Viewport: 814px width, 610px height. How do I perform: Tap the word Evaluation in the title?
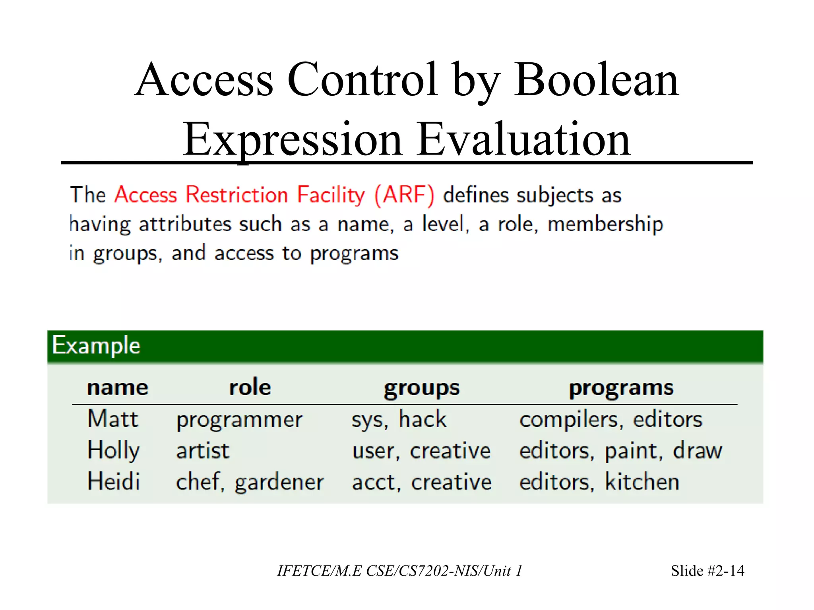point(524,140)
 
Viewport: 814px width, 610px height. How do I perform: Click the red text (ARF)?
point(404,195)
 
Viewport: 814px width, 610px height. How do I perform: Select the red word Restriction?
point(237,195)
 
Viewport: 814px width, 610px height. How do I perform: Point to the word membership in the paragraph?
point(605,224)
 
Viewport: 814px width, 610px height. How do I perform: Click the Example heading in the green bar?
point(96,345)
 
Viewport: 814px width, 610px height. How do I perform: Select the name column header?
point(117,387)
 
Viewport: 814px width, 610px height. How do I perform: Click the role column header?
point(250,387)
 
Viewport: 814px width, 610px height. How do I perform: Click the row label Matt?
point(112,419)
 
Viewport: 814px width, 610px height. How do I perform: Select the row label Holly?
point(113,451)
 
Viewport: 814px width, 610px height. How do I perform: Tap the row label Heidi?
point(113,482)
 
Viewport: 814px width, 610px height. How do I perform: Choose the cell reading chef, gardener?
point(250,482)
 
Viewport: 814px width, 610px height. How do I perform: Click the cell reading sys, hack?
point(399,419)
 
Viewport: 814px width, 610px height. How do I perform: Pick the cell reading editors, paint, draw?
point(621,451)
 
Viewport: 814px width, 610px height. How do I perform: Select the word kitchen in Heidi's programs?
point(642,482)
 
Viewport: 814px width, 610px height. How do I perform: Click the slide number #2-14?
point(719,571)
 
